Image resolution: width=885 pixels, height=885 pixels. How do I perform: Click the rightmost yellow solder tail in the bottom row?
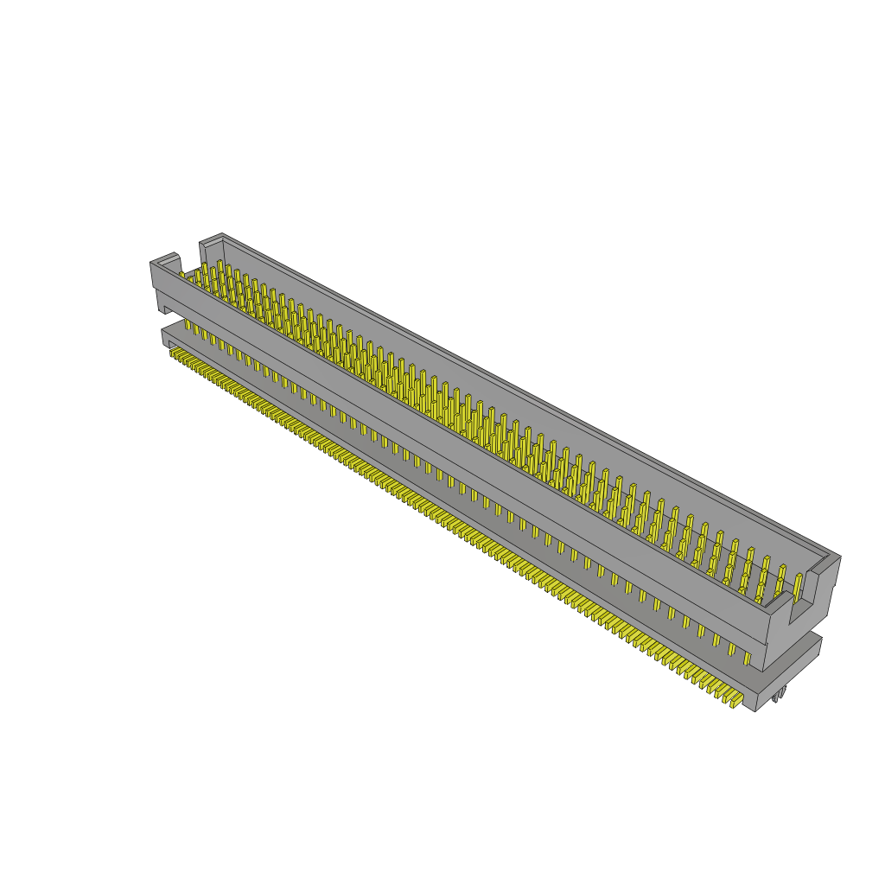pos(735,701)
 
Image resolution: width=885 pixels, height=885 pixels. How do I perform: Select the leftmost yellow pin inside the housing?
pos(182,276)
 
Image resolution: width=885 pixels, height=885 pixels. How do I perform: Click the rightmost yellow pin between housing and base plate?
pos(748,657)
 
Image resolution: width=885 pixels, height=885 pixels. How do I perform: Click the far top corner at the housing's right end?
pos(838,557)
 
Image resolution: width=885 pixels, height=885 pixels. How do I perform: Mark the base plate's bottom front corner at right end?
pos(756,710)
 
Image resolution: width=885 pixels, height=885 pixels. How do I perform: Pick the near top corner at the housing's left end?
pos(152,262)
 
